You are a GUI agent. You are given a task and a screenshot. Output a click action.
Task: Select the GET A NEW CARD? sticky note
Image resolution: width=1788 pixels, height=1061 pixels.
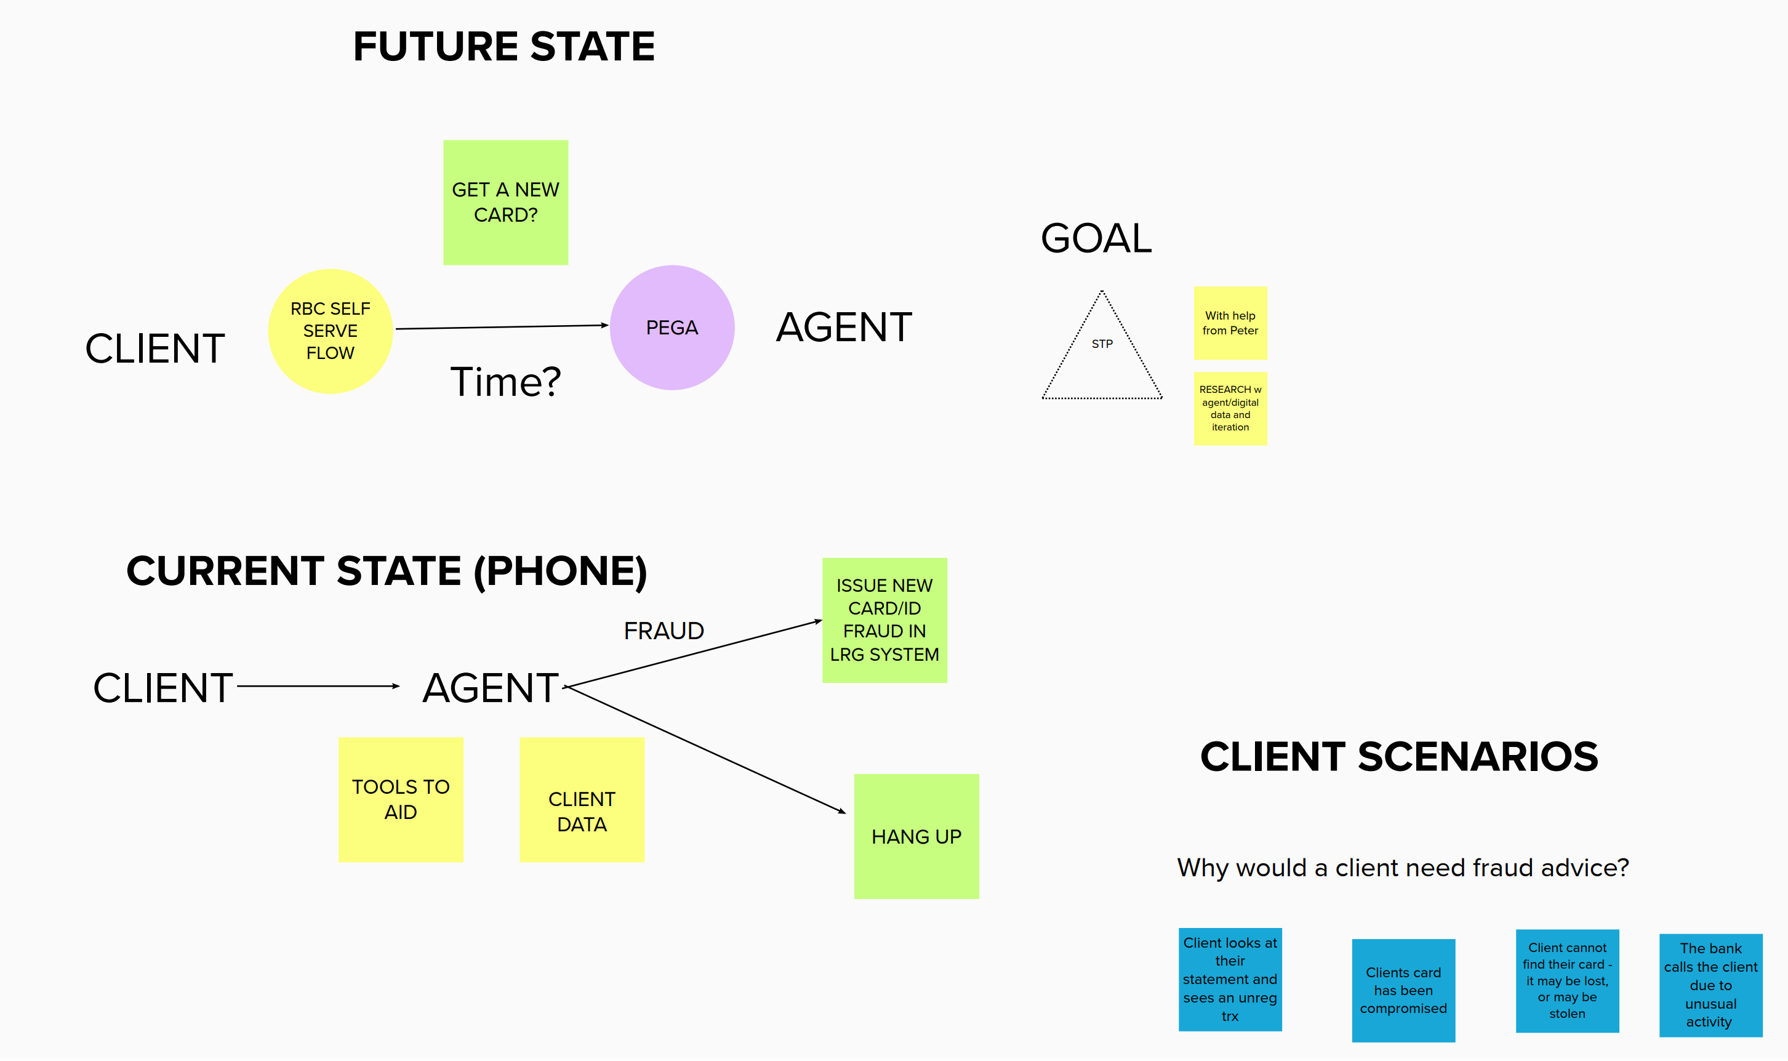click(x=505, y=203)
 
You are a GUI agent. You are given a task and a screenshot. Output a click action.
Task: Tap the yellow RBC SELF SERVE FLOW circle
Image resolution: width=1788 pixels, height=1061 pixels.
click(x=330, y=331)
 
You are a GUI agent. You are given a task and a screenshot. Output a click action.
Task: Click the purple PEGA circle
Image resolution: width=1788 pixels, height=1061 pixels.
click(x=672, y=328)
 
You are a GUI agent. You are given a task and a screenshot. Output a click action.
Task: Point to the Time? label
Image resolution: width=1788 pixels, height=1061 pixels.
click(x=505, y=382)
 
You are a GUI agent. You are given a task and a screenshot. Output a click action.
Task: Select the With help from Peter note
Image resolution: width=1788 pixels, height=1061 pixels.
click(x=1230, y=323)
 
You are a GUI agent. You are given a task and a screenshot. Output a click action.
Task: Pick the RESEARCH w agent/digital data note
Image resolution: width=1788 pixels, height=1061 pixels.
click(x=1230, y=408)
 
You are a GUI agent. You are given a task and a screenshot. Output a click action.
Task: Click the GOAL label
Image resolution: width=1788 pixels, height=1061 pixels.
click(x=1096, y=238)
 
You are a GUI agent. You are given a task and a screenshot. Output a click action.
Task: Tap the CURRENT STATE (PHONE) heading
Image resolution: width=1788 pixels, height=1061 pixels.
click(x=387, y=571)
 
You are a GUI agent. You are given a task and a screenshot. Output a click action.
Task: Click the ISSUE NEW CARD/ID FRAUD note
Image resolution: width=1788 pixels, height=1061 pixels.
click(x=884, y=620)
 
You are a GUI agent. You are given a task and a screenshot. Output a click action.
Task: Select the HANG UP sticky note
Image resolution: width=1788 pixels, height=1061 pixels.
click(x=916, y=836)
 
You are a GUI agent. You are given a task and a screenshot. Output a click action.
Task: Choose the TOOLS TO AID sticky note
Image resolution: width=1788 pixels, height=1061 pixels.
click(x=400, y=799)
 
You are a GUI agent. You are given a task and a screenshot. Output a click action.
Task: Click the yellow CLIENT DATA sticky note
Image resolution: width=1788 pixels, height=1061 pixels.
click(x=582, y=799)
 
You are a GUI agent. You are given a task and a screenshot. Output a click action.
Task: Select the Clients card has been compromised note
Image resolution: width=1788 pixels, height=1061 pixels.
click(x=1403, y=990)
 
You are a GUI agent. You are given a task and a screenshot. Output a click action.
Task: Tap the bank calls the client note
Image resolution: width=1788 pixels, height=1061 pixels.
click(x=1710, y=985)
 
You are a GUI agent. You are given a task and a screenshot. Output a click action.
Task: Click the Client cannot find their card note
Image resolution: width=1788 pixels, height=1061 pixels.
click(x=1566, y=980)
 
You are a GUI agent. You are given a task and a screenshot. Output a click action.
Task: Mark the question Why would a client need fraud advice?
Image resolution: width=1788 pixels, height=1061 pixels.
click(x=1402, y=867)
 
